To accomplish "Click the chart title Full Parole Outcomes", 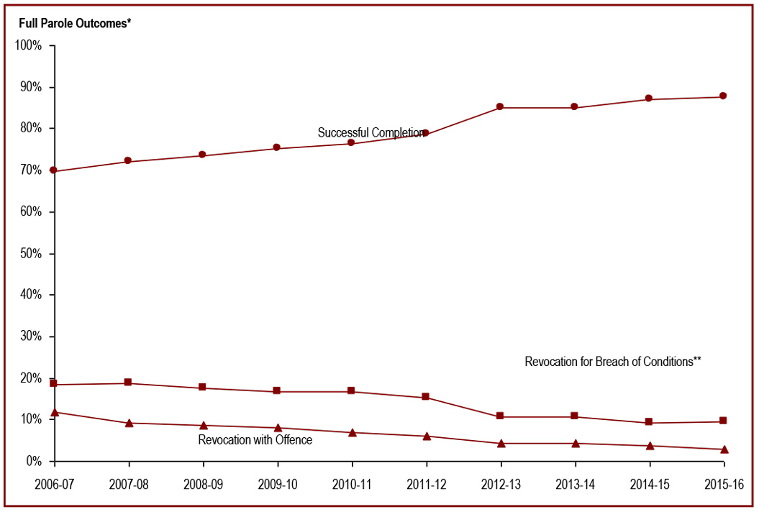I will (x=75, y=23).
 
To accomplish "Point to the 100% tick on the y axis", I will (x=29, y=45).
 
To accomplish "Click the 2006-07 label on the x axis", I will (x=54, y=484).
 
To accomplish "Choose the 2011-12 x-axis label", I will (x=427, y=484).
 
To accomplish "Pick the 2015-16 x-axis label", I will (x=724, y=484).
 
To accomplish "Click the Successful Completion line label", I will (x=371, y=133).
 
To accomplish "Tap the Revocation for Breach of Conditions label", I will (x=613, y=362).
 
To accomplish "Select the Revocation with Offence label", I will (x=255, y=439).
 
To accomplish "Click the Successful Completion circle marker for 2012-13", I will (x=500, y=107).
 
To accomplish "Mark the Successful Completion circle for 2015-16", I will (x=723, y=96).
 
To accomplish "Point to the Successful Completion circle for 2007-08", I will (x=128, y=160).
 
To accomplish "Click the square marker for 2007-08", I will (x=128, y=383).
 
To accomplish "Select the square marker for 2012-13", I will (x=500, y=416).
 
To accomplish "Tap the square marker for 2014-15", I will (x=649, y=422).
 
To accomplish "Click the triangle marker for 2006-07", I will (x=54, y=412).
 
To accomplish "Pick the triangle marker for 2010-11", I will (x=352, y=432).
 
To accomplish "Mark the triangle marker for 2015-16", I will (x=724, y=449).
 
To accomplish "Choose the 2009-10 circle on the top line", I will (x=277, y=148).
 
